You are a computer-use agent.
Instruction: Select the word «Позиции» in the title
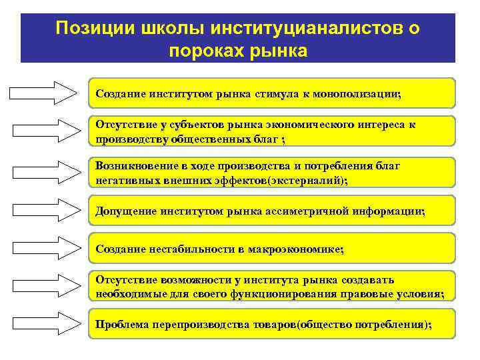(x=89, y=28)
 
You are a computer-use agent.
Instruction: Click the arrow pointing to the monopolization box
(x=44, y=93)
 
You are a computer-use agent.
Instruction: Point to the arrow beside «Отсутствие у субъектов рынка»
(x=44, y=131)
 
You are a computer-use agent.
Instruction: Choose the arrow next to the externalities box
(x=44, y=172)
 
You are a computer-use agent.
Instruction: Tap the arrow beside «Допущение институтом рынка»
(x=44, y=211)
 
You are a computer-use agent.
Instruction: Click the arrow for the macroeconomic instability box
(x=44, y=249)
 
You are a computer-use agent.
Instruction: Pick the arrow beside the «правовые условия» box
(x=44, y=287)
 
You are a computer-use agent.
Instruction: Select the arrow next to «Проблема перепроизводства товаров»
(x=44, y=325)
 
